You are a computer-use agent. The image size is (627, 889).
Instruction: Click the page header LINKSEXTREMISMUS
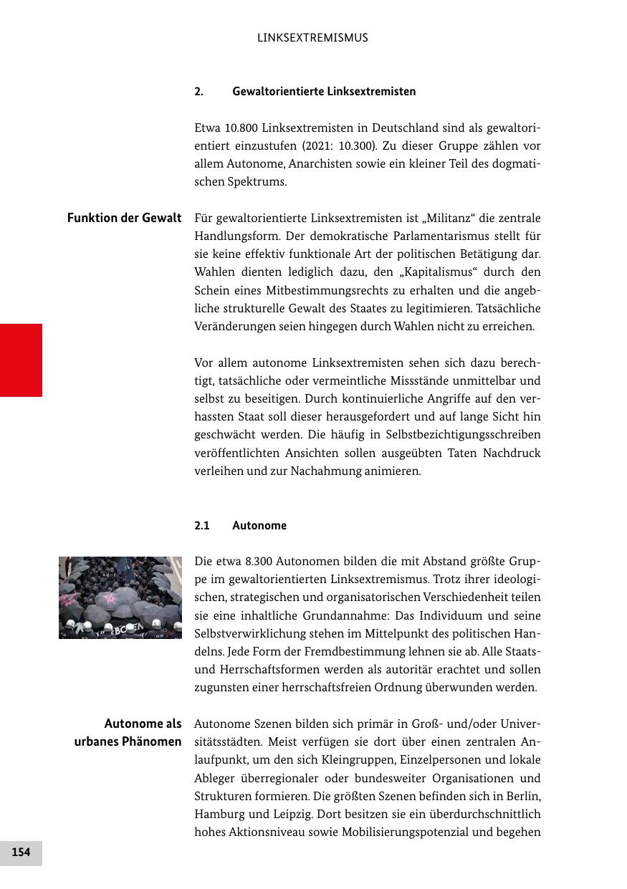(312, 38)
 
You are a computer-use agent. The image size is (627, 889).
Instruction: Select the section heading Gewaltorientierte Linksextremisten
(324, 92)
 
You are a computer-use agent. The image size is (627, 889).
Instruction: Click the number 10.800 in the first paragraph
(241, 128)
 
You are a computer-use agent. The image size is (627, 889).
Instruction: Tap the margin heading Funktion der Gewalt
(124, 218)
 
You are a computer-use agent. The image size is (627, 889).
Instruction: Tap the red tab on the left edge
(21, 360)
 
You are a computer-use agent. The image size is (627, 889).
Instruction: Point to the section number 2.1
(201, 526)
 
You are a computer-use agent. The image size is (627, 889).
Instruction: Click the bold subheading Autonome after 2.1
(259, 526)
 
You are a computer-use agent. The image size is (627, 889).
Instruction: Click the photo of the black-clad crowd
(120, 597)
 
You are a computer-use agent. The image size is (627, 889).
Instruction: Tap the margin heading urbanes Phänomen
(128, 741)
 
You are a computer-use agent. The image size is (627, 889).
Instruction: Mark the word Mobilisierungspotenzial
(403, 832)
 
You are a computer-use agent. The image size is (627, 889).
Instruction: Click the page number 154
(21, 852)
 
